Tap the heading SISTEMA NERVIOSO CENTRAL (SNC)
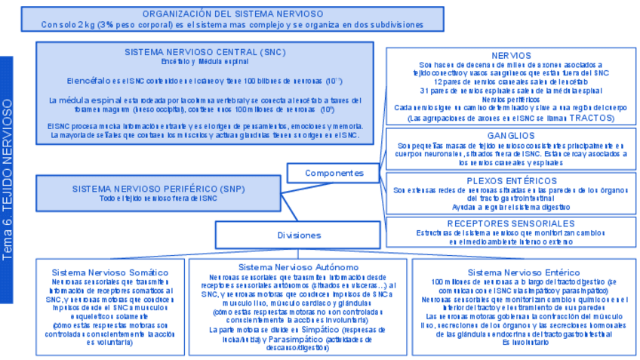205,52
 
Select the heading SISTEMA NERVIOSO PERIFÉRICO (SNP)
158,189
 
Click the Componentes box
334,173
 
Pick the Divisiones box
299,235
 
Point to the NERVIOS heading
510,56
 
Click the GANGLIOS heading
510,135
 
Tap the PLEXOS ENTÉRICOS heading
510,181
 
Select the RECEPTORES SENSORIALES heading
510,223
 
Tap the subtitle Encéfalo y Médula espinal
205,62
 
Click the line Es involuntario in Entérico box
519,343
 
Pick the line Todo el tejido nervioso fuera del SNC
158,198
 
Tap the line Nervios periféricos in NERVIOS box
510,100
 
